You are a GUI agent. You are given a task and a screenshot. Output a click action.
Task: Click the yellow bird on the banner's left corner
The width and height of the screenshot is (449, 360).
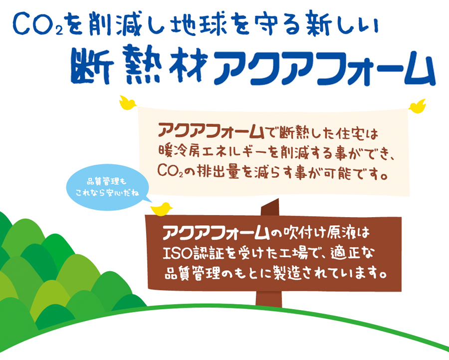click(127, 103)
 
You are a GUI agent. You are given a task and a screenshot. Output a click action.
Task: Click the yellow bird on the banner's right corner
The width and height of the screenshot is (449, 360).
click(417, 106)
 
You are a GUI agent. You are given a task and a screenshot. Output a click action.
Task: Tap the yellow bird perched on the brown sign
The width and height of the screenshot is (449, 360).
click(162, 209)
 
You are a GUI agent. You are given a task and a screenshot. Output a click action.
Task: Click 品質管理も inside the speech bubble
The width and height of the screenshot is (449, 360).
click(107, 181)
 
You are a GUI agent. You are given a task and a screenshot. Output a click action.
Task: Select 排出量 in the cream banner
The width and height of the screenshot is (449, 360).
click(218, 171)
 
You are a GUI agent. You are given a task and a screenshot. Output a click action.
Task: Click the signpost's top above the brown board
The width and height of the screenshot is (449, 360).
click(270, 207)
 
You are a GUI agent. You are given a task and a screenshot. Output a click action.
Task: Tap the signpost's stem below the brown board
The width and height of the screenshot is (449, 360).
click(268, 298)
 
